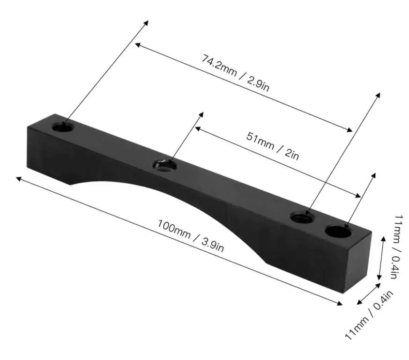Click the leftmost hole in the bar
[62, 127]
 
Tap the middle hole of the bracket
[164, 165]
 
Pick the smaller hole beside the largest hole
[301, 217]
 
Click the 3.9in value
[210, 245]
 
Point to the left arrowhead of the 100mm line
[18, 178]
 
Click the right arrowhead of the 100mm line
[341, 304]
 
